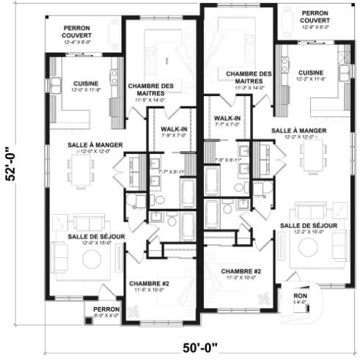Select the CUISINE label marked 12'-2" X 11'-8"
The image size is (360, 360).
point(311,76)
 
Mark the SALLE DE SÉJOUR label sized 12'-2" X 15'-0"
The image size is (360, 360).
point(309,228)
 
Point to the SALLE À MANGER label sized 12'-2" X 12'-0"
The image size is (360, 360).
point(300,133)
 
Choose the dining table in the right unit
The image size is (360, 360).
point(313,153)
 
